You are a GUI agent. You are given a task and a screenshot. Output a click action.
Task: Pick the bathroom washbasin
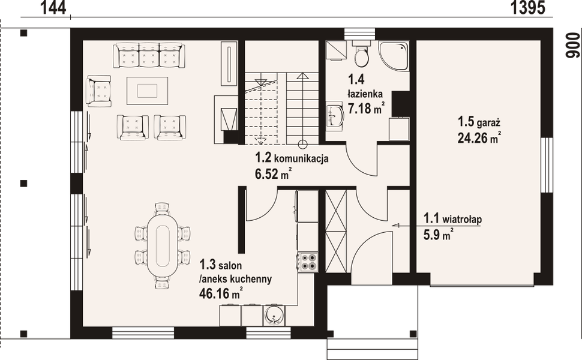[334, 115]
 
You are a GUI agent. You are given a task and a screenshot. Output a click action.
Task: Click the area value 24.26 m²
[478, 137]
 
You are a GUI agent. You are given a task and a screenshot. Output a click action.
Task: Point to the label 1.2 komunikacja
[291, 160]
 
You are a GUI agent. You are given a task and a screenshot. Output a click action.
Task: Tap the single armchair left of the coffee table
[100, 91]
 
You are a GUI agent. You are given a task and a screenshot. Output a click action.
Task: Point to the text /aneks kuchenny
[236, 278]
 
